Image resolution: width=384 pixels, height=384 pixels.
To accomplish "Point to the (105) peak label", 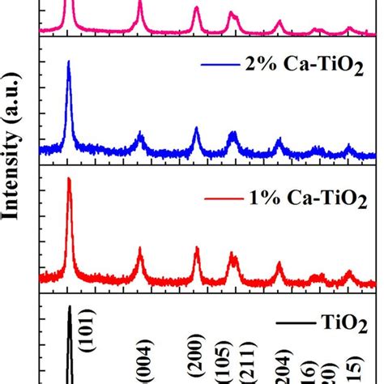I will [x=229, y=353].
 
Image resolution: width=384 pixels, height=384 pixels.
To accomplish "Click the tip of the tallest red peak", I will [x=68, y=178].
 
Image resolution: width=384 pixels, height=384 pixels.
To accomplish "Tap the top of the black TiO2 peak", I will [x=70, y=307].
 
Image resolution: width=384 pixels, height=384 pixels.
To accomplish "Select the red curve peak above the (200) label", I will [x=196, y=248].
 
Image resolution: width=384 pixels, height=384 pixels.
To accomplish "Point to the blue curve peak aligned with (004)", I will [x=140, y=134].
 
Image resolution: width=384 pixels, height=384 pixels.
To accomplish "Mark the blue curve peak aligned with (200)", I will [x=196, y=128].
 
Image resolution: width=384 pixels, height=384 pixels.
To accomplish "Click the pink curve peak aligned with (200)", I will [x=196, y=8].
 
